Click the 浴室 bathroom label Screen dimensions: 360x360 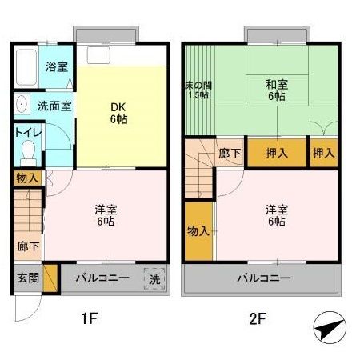click(56, 67)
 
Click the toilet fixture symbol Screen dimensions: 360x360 click(29, 151)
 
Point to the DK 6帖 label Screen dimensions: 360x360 click(117, 113)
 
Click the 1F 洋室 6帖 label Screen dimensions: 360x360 click(106, 215)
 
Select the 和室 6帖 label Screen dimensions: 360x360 click(277, 90)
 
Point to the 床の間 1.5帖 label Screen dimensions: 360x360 click(198, 90)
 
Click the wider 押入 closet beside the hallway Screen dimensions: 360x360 click(277, 152)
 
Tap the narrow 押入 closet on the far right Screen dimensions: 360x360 click(323, 152)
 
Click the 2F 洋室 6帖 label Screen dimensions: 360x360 click(277, 215)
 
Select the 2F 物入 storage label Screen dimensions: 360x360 click(199, 231)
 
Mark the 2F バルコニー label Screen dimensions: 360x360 click(263, 278)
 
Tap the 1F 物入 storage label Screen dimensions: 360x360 click(26, 178)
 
